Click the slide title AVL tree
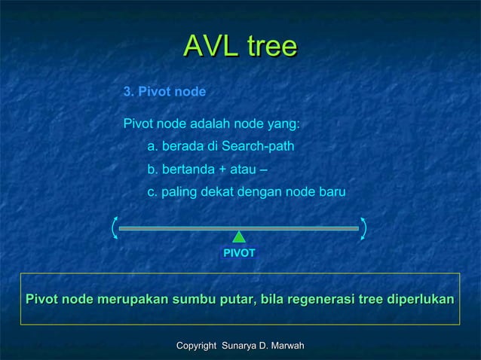tap(240, 47)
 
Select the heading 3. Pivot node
tap(164, 92)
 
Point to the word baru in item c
tap(332, 192)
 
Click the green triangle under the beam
tap(239, 236)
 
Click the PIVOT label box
tap(239, 254)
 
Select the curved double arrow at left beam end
tap(115, 227)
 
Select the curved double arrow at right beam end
tap(363, 227)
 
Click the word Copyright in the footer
tap(195, 345)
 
